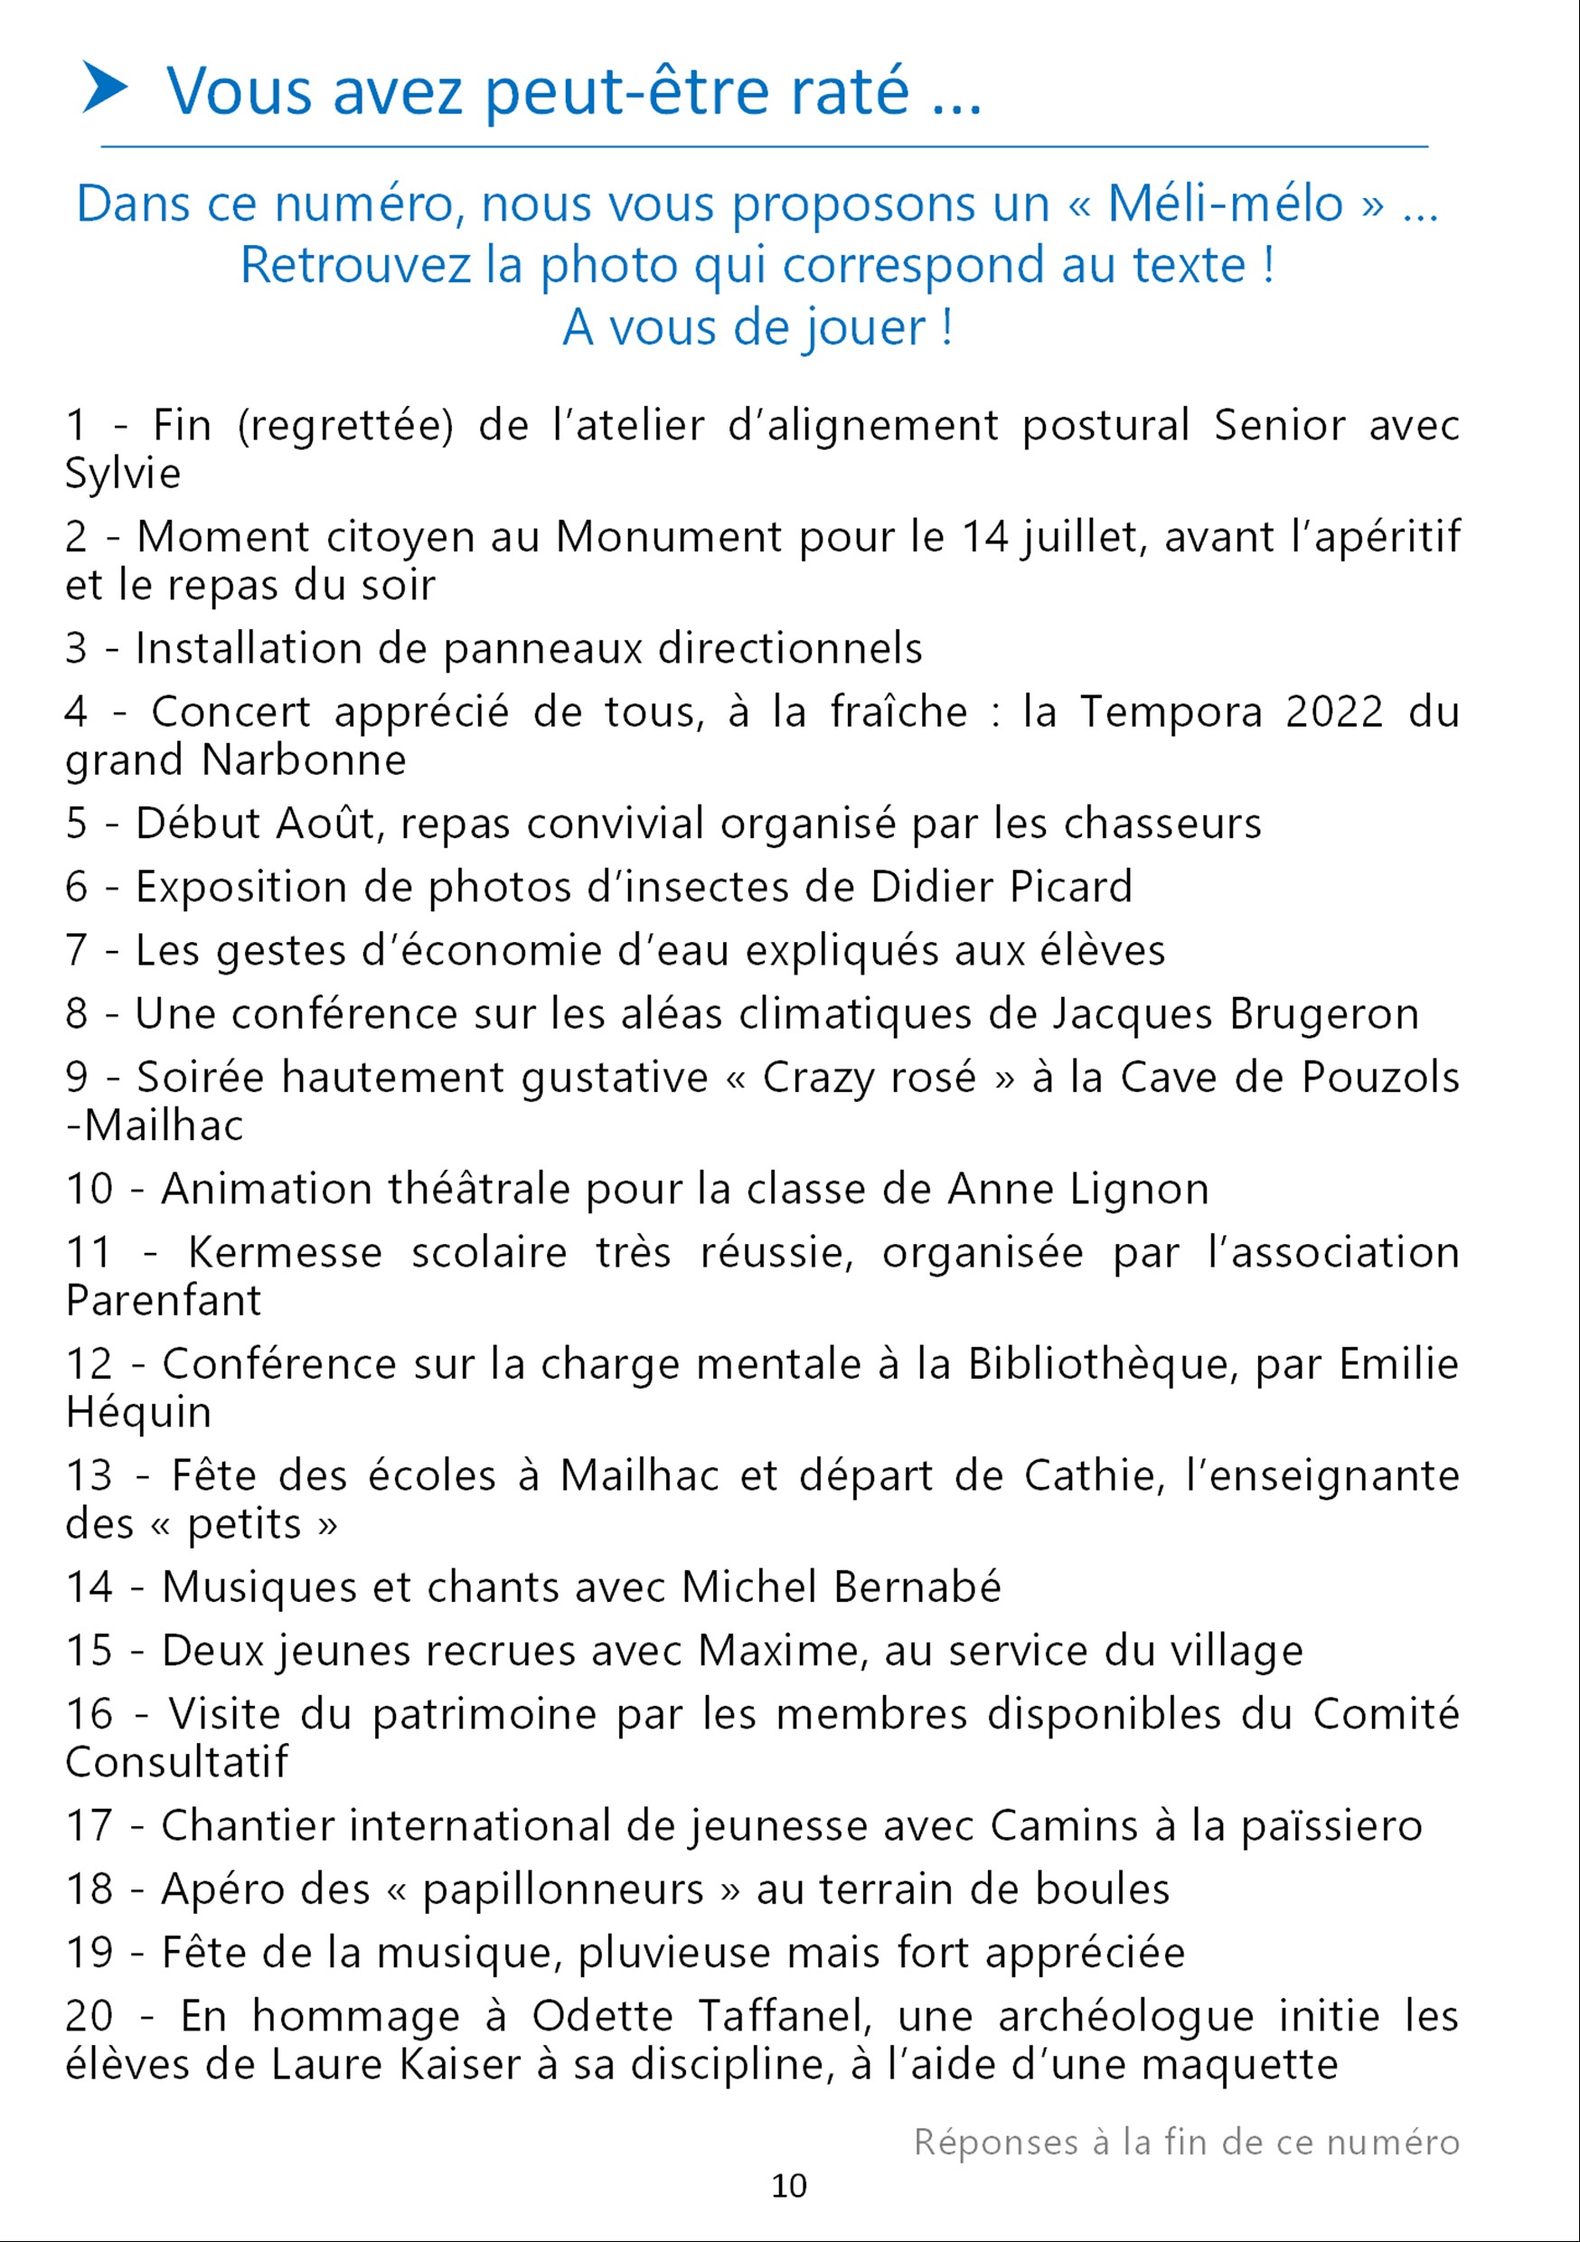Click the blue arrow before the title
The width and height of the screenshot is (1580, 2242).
coord(106,88)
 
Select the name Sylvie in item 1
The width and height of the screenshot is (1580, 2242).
coord(123,474)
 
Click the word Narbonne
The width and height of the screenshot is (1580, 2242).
coord(304,759)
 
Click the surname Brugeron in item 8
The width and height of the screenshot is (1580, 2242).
coord(1323,1013)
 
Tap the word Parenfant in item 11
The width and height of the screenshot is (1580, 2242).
coord(163,1301)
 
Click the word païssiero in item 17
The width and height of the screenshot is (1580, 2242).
coord(1331,1826)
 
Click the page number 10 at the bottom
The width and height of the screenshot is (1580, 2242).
coord(789,2185)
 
